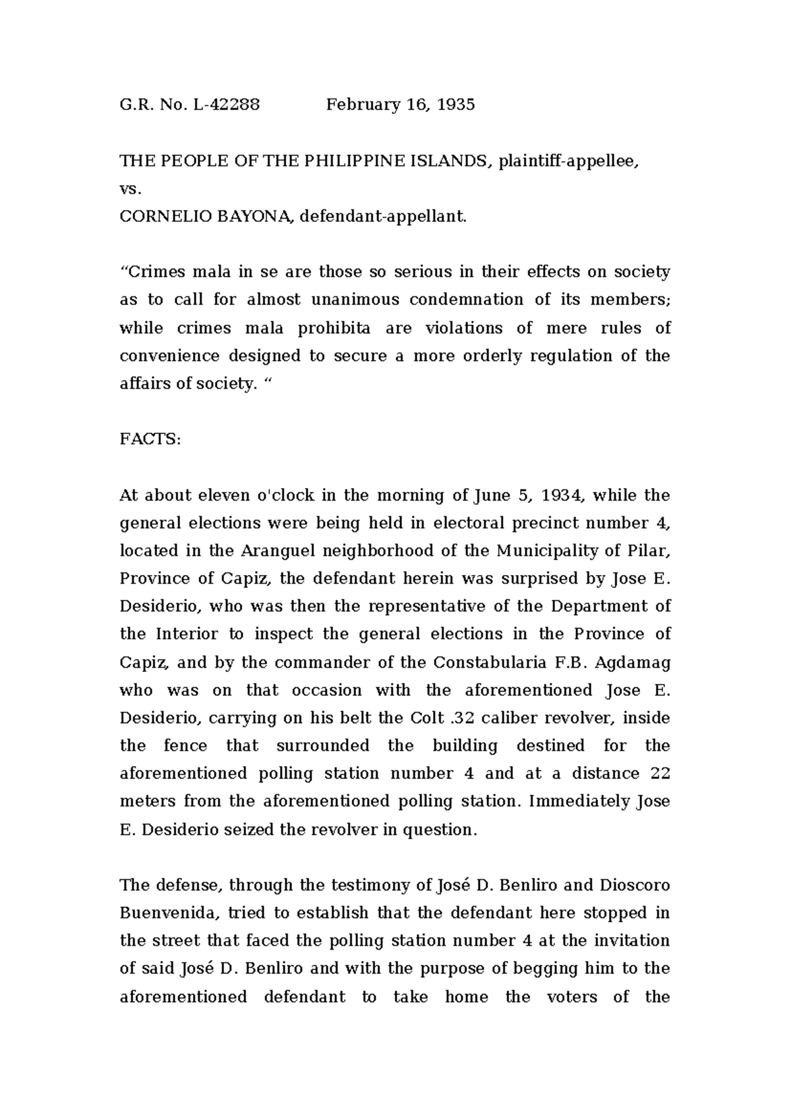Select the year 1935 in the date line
click(x=455, y=105)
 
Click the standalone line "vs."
click(x=130, y=189)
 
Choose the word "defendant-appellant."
click(x=383, y=217)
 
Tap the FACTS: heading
click(x=150, y=439)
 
